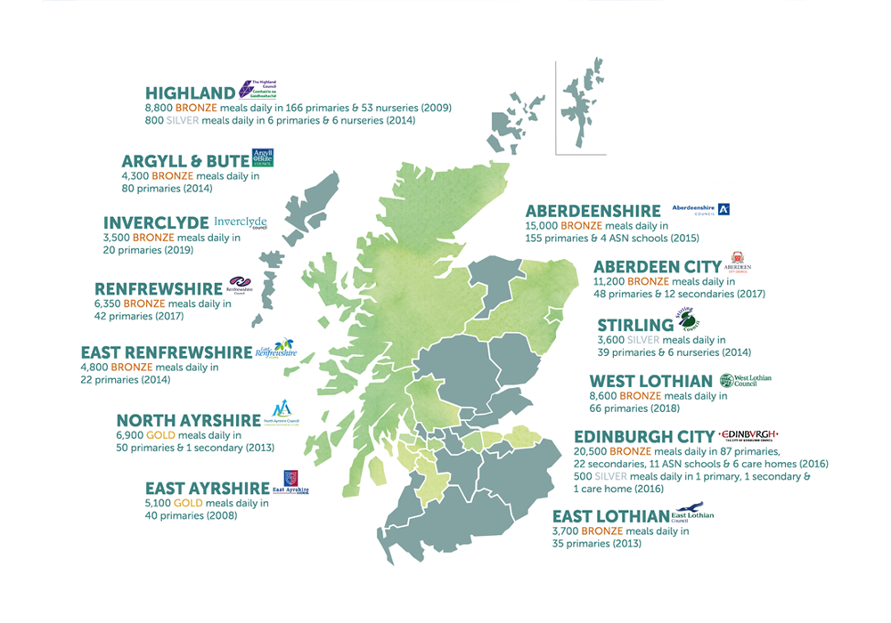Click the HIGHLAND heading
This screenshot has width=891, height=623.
190,93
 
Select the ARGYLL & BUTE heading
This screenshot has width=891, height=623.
185,161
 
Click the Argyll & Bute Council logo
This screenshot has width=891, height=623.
263,158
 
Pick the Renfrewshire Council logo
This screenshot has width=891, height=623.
241,285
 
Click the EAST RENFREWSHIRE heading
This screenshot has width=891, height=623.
167,352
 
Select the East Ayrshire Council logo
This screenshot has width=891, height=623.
292,483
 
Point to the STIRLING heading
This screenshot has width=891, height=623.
636,324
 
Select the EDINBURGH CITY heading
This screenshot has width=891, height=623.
644,437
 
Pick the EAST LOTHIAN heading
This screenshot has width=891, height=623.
609,516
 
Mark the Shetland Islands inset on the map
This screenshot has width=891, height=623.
584,107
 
